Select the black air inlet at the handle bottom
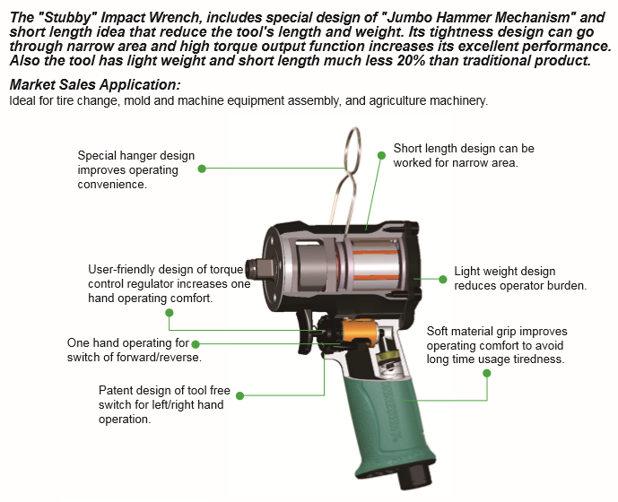[x=414, y=475]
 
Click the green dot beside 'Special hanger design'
[x=202, y=169]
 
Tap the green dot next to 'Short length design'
[x=381, y=155]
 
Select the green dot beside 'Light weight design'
[x=442, y=279]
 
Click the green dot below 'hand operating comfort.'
[x=170, y=313]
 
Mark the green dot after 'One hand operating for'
[x=196, y=344]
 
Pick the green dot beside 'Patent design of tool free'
[x=239, y=395]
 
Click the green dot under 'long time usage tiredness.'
[x=487, y=373]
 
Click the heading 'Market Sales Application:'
[x=95, y=85]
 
